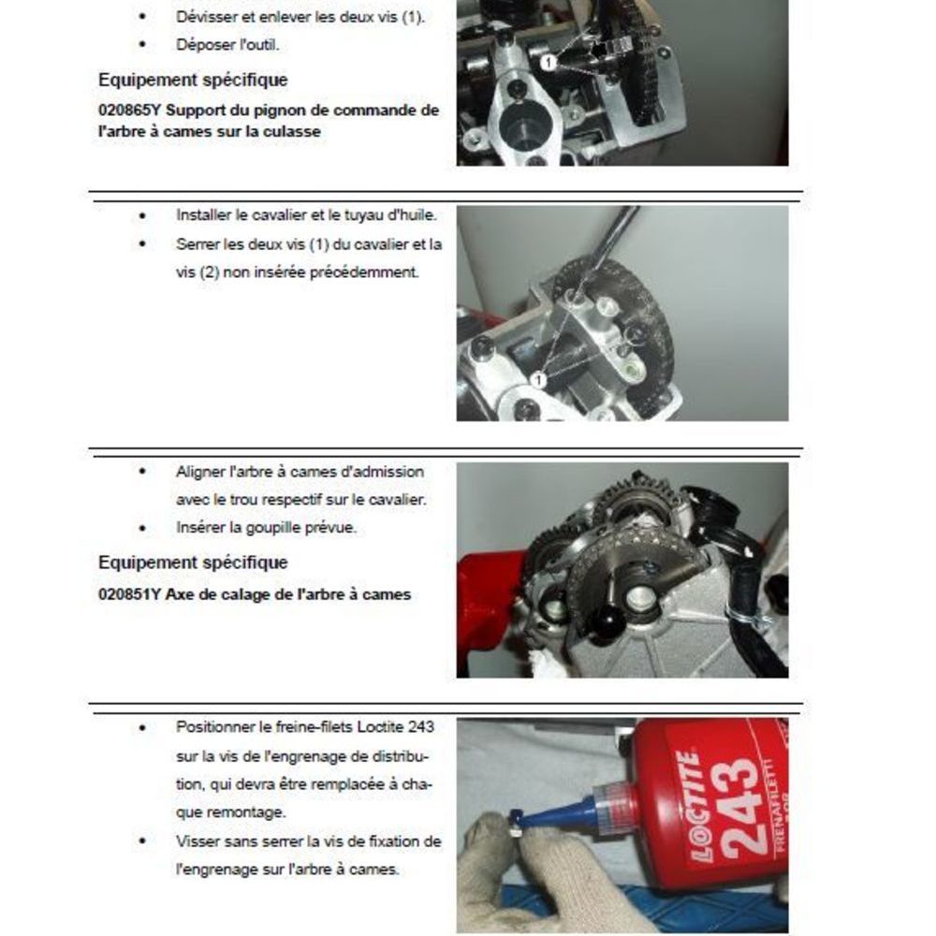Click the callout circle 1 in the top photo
tap(548, 62)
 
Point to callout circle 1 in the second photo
tap(538, 380)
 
